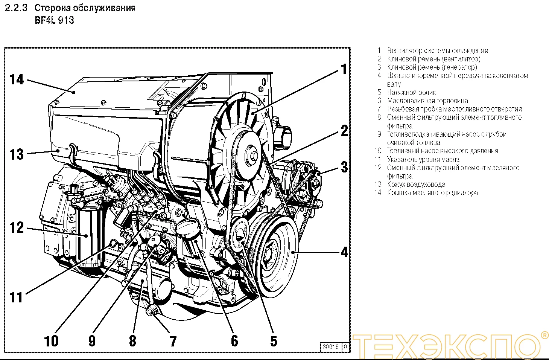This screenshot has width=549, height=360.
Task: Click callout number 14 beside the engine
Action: pyautogui.click(x=17, y=79)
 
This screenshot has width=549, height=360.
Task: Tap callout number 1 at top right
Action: pyautogui.click(x=344, y=69)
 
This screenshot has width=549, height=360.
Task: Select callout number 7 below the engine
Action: pyautogui.click(x=173, y=341)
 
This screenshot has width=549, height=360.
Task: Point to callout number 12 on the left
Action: pyautogui.click(x=17, y=227)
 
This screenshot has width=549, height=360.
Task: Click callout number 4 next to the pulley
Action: pyautogui.click(x=344, y=252)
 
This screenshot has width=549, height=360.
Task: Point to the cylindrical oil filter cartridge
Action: pyautogui.click(x=90, y=233)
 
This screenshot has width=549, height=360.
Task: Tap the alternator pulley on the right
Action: pyautogui.click(x=315, y=183)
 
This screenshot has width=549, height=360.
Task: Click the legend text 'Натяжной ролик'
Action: pyautogui.click(x=411, y=92)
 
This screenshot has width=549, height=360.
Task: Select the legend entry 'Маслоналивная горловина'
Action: pyautogui.click(x=427, y=101)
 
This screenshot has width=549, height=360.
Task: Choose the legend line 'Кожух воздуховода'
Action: pyautogui.click(x=416, y=184)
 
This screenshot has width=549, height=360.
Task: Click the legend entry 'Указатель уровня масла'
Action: pyautogui.click(x=423, y=159)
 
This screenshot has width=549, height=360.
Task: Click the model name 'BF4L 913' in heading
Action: pyautogui.click(x=54, y=20)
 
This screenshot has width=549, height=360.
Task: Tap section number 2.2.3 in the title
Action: pyautogui.click(x=16, y=8)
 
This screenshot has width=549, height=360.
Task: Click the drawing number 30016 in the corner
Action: pyautogui.click(x=330, y=346)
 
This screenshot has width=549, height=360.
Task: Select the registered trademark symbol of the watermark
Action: pyautogui.click(x=544, y=335)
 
